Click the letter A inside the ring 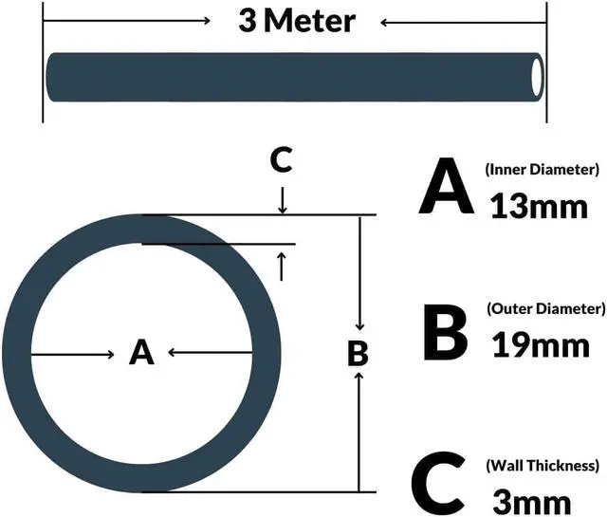[x=141, y=353]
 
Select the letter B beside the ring [x=358, y=353]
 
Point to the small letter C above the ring [x=281, y=160]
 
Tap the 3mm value [x=532, y=499]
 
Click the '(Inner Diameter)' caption [x=542, y=170]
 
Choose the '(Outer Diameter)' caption [x=544, y=309]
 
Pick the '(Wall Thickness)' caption [x=543, y=465]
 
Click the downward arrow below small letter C [x=282, y=200]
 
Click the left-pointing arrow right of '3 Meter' [x=465, y=21]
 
